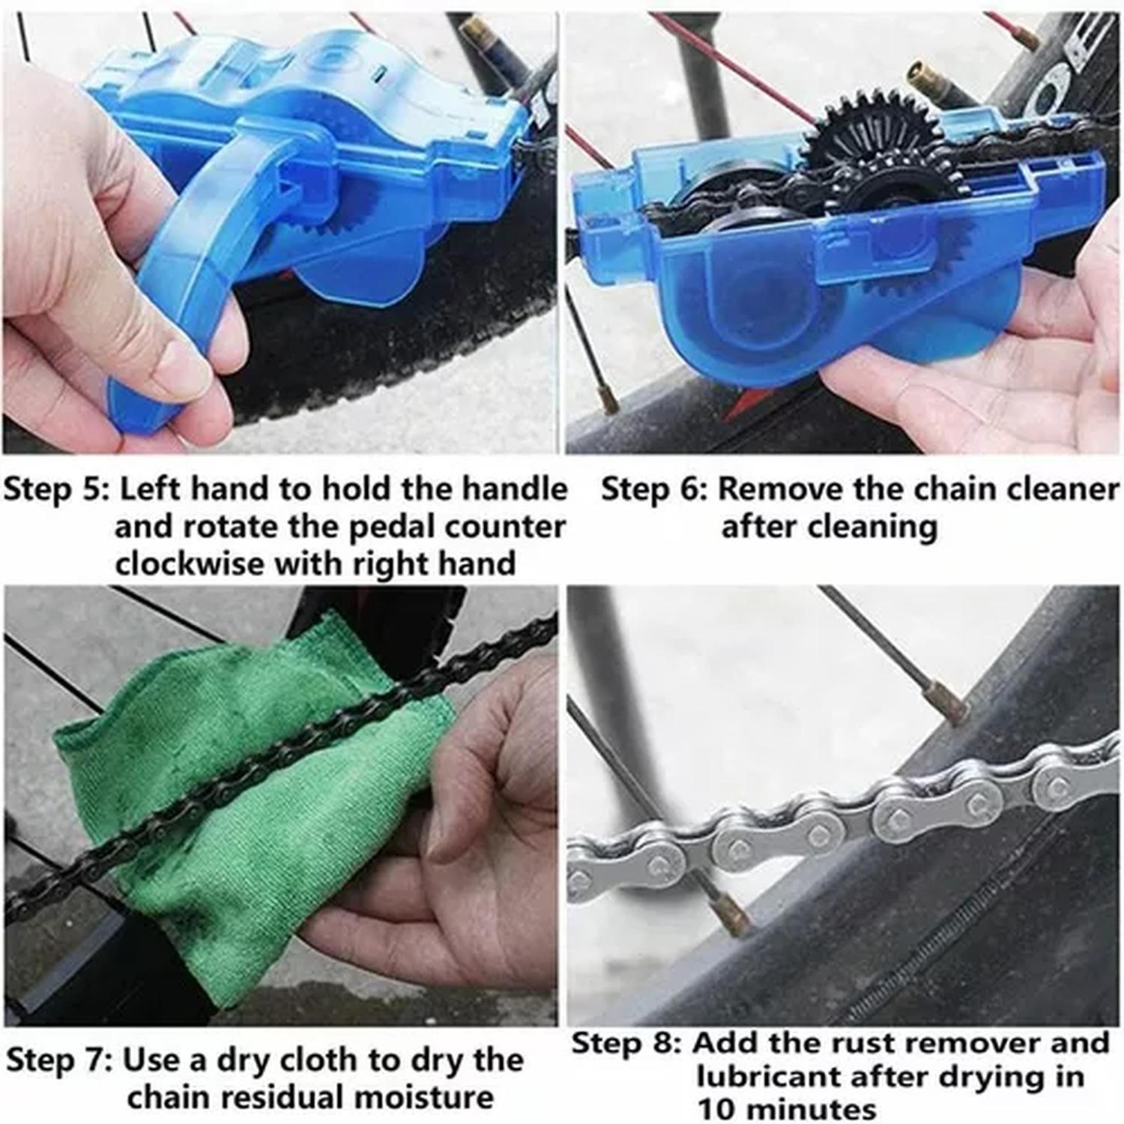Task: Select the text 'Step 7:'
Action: click(x=58, y=1060)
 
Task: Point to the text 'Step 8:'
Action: click(x=626, y=1043)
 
